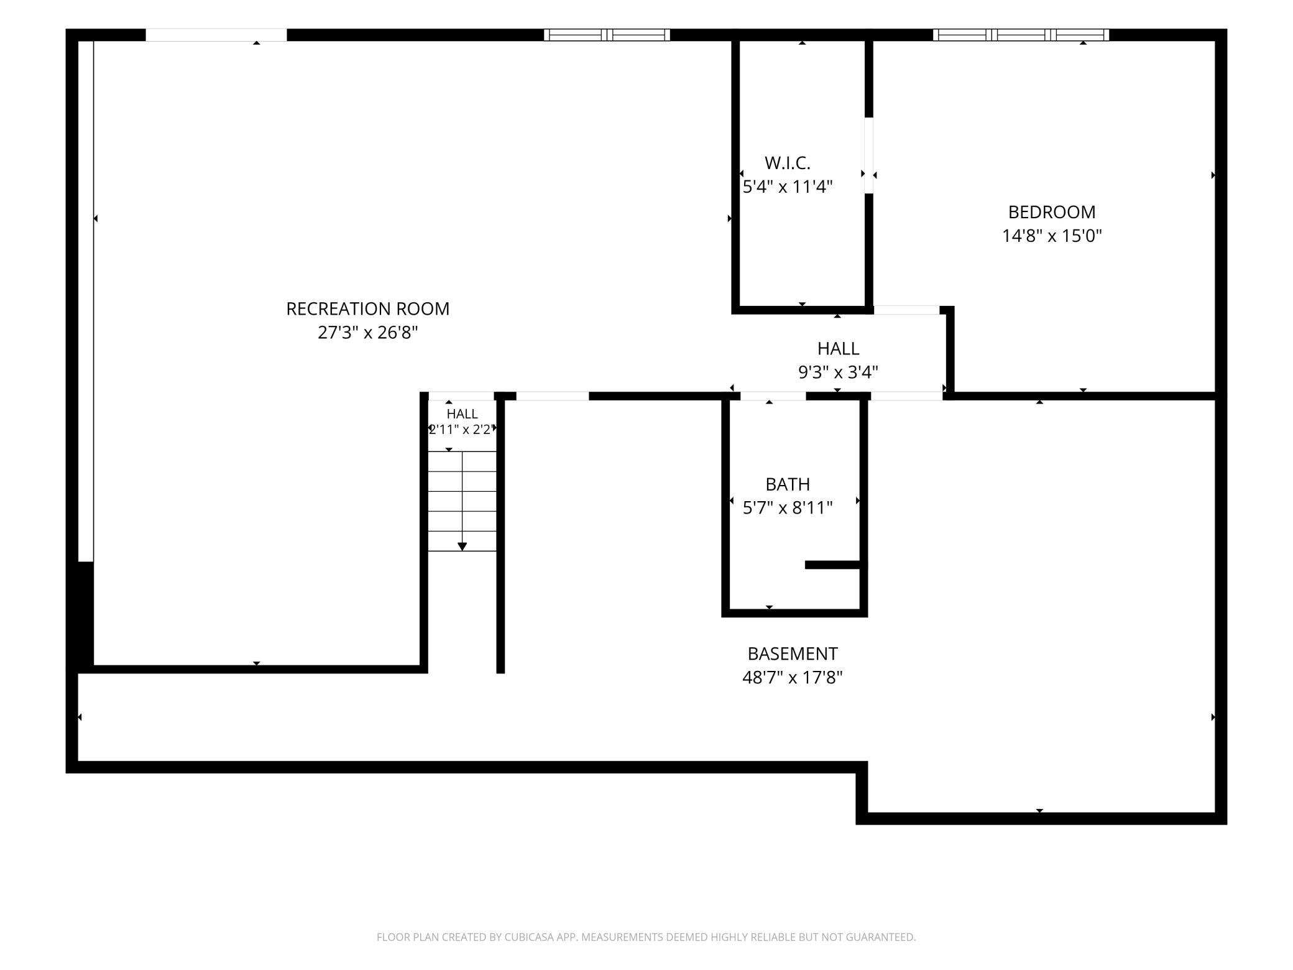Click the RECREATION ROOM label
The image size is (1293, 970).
coord(367,308)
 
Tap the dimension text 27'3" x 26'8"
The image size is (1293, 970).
coord(367,333)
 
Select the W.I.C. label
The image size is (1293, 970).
coord(788,163)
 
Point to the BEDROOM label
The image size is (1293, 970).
coord(1052,212)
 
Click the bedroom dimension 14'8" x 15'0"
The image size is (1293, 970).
coord(1052,236)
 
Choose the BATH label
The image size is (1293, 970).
coord(788,484)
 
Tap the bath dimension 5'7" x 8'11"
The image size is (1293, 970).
coord(788,508)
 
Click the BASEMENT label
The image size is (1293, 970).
coord(793,654)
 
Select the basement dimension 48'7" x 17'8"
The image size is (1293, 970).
coord(793,677)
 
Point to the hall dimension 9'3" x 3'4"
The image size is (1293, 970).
coord(838,372)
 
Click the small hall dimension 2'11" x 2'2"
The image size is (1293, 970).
coord(462,429)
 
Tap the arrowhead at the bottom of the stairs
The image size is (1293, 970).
coord(462,547)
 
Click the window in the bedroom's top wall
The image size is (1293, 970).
coord(1021,35)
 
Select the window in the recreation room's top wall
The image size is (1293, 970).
coord(607,35)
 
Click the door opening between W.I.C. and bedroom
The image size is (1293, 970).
coord(869,155)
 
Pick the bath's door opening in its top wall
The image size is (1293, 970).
coord(773,396)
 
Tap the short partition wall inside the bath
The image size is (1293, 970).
coord(833,565)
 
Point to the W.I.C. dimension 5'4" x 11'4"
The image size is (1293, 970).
coord(788,187)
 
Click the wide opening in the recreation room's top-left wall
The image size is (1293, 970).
coord(216,35)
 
